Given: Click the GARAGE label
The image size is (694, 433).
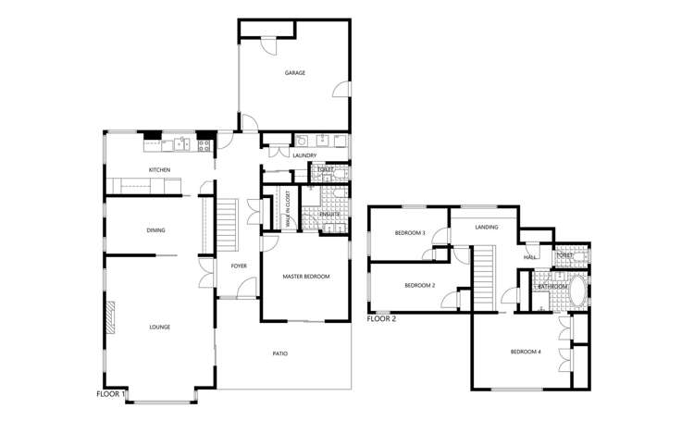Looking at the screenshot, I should pyautogui.click(x=294, y=73).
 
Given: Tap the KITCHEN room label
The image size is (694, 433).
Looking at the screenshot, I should pyautogui.click(x=160, y=170).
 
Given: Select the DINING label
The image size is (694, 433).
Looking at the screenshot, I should pyautogui.click(x=155, y=230).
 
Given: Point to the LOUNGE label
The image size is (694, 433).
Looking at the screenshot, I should pyautogui.click(x=160, y=327).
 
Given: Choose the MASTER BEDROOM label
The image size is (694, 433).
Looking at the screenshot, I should pyautogui.click(x=305, y=277).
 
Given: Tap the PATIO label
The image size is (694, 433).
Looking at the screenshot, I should pyautogui.click(x=279, y=353).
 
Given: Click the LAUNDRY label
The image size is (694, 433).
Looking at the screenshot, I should pyautogui.click(x=304, y=155).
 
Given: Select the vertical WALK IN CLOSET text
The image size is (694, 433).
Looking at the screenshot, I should pyautogui.click(x=289, y=209).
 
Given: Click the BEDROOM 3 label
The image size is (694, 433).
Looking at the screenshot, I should pyautogui.click(x=409, y=233).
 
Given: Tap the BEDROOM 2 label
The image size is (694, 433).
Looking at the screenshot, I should pyautogui.click(x=419, y=285).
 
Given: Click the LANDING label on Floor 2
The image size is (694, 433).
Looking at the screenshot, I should pyautogui.click(x=487, y=227).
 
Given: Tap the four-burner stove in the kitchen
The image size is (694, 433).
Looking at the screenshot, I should pyautogui.click(x=204, y=144).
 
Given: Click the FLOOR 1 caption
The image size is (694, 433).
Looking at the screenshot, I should pyautogui.click(x=111, y=394).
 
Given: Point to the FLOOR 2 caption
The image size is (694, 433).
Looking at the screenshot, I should pyautogui.click(x=381, y=319).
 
